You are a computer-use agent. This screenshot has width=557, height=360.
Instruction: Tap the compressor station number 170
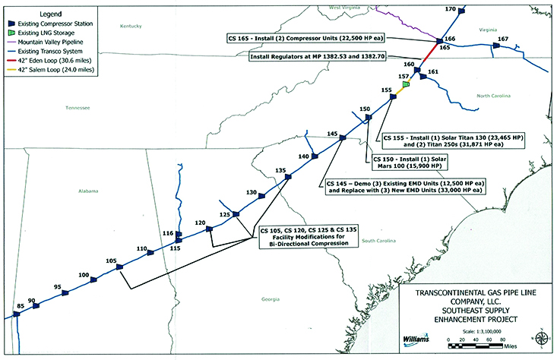[451, 8]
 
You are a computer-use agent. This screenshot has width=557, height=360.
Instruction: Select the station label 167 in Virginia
[502, 39]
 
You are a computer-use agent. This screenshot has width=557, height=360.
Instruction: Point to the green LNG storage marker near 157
[406, 84]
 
